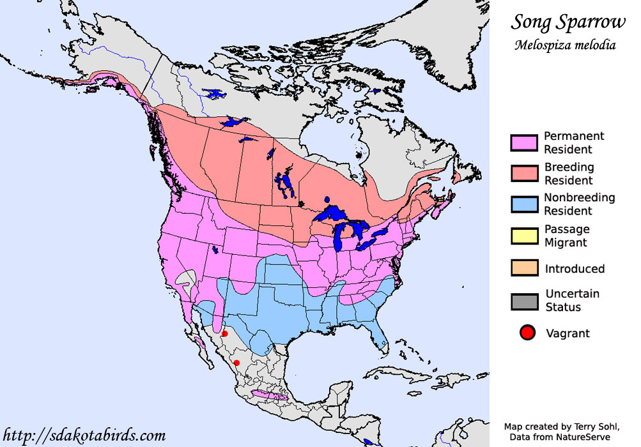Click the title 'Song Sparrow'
click(568, 22)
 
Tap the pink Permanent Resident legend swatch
click(523, 143)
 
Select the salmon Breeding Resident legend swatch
click(523, 174)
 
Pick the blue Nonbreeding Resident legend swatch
click(523, 204)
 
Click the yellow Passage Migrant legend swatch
click(523, 236)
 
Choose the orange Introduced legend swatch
click(523, 268)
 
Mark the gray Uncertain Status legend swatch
click(523, 301)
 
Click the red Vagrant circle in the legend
click(527, 333)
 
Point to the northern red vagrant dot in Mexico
click(224, 334)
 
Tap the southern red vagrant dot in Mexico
click(236, 363)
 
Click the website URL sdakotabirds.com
click(84, 436)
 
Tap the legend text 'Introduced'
click(575, 269)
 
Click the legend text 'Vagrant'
click(568, 333)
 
